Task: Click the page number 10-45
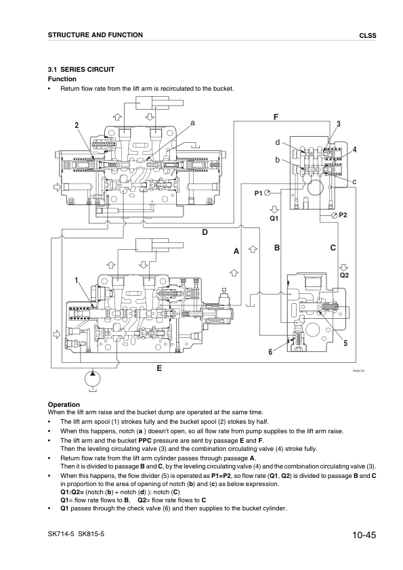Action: [x=364, y=535]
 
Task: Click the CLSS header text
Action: [x=368, y=36]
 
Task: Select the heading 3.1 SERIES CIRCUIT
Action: [x=81, y=70]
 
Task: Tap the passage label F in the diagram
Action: [x=276, y=117]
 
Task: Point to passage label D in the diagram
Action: [x=205, y=232]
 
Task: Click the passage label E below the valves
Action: [x=159, y=368]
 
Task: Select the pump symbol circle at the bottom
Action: [x=93, y=379]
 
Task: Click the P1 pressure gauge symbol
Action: [x=268, y=193]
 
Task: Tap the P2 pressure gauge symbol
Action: [x=335, y=215]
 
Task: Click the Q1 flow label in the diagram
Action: [x=274, y=219]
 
